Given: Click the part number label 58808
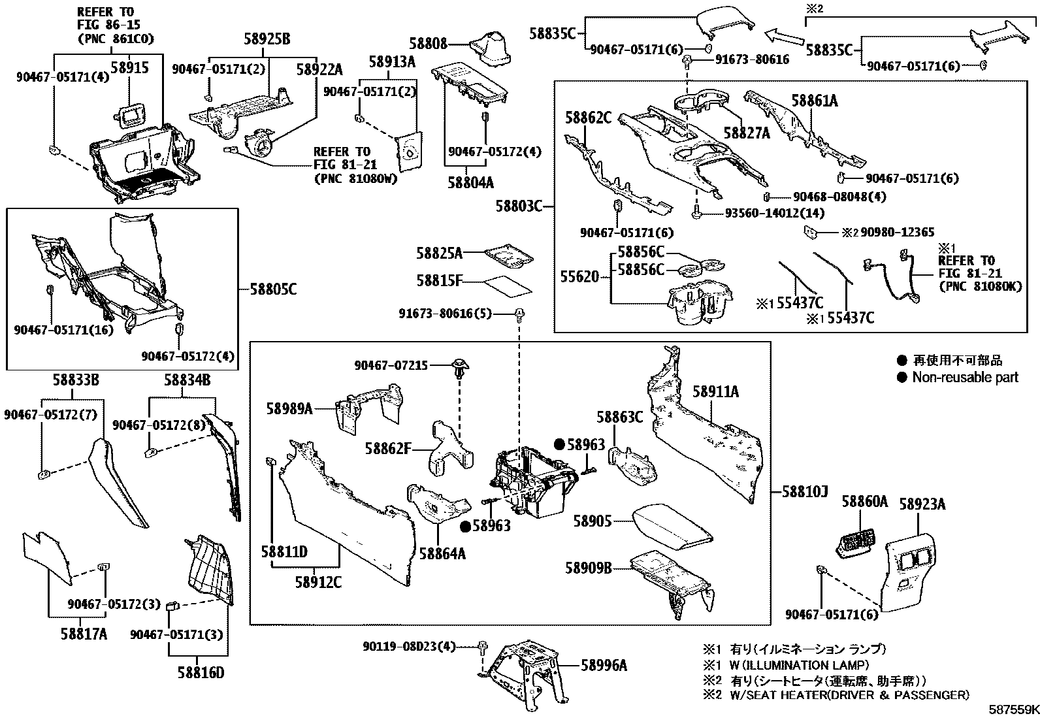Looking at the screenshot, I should pos(429,44).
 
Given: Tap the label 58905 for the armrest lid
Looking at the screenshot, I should pos(593,521).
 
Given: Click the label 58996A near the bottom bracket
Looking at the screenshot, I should pos(604,665).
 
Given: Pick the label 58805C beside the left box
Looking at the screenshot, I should pos(273,288).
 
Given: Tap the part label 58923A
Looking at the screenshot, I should pos(922,504).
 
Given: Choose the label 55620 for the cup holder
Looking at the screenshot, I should pos(579,277).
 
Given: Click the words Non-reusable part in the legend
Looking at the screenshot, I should pos(965,377).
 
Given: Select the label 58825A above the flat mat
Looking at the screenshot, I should pos(440,253).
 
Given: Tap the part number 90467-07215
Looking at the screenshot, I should pos(391,366).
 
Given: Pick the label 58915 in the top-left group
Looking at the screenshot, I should pos(129,67).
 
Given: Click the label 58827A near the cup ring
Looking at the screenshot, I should pos(747,133).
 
